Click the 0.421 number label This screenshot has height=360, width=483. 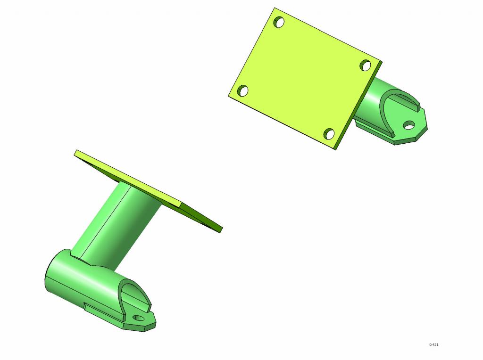click(x=434, y=344)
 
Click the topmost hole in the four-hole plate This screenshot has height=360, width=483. click(x=279, y=23)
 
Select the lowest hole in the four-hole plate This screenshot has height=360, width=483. click(x=329, y=134)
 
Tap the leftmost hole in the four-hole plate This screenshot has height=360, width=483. click(x=243, y=91)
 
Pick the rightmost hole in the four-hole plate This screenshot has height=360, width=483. click(x=366, y=65)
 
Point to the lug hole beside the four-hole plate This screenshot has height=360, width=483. click(x=409, y=125)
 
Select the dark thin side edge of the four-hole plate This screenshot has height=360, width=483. click(x=359, y=105)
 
